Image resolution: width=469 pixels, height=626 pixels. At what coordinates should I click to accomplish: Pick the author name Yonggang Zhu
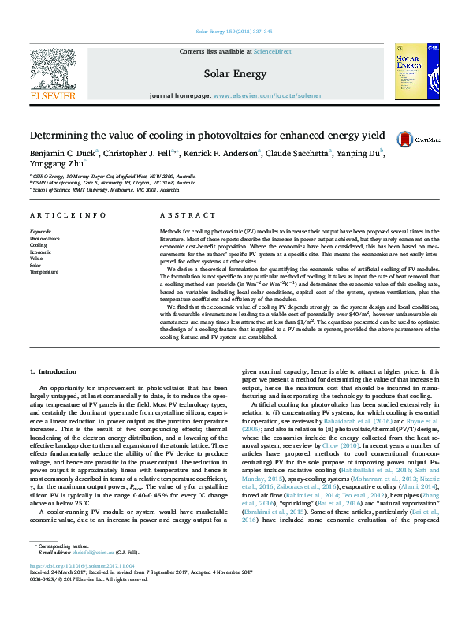pyautogui.click(x=54, y=163)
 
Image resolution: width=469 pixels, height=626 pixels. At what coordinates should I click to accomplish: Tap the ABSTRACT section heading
pyautogui.click(x=182, y=214)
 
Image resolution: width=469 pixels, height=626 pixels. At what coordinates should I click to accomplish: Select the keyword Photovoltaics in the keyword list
pyautogui.click(x=45, y=237)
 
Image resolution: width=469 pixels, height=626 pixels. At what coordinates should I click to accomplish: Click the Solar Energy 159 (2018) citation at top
pyautogui.click(x=234, y=32)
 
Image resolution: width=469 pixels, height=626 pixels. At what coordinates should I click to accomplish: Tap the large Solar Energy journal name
pyautogui.click(x=234, y=74)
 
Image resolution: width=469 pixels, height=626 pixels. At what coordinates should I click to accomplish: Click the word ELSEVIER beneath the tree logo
pyautogui.click(x=52, y=95)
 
